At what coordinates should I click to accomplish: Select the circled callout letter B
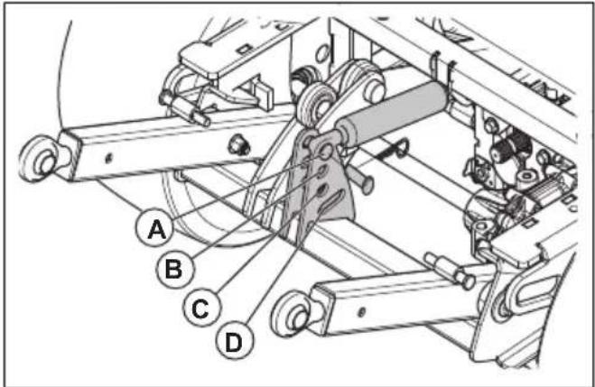174,270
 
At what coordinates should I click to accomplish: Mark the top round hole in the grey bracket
326,151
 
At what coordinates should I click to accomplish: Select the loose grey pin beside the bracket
361,180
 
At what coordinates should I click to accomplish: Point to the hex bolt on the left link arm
239,145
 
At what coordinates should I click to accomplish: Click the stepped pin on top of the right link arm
451,270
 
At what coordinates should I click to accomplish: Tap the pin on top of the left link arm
185,107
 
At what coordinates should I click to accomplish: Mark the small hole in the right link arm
362,312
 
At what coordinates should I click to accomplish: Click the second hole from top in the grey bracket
322,171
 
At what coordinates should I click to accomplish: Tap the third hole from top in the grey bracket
321,191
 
